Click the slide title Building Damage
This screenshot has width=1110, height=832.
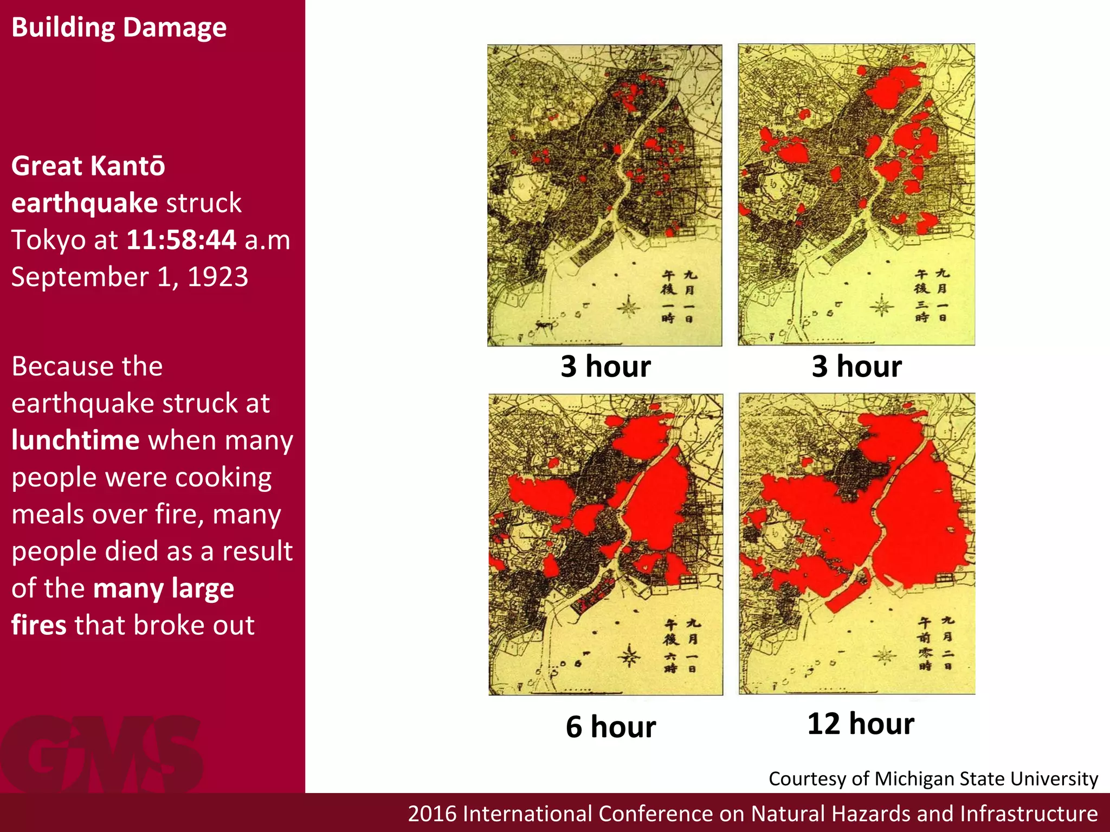pos(119,27)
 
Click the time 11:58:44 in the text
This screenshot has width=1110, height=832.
pos(181,239)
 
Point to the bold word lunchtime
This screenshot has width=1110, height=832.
pos(76,440)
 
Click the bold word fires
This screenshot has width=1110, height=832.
pos(38,625)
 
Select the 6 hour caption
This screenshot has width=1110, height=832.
pos(610,726)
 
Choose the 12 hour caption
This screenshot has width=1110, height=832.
pos(860,723)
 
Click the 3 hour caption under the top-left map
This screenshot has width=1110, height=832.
pos(605,366)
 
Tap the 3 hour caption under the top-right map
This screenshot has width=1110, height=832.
pos(856,366)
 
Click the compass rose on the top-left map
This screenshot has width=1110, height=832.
pos(629,308)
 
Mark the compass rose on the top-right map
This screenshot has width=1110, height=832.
pos(882,307)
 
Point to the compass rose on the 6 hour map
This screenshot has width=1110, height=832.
pos(630,656)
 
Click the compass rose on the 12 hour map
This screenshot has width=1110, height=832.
pos(885,656)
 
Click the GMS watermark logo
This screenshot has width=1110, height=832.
pos(102,754)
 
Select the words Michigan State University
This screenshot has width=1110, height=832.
pos(986,778)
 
